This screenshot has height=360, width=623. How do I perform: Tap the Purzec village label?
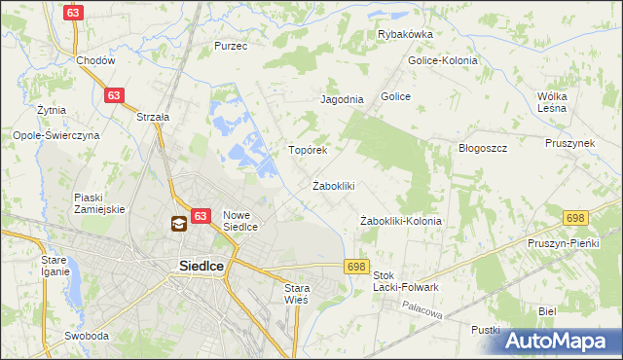click(x=231, y=46)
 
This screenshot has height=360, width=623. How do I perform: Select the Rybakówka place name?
click(x=405, y=34)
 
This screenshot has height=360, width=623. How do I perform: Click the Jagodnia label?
click(x=342, y=99)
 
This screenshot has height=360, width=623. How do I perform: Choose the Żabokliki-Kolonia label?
click(x=401, y=221)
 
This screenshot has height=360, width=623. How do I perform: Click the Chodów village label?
click(x=96, y=59)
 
